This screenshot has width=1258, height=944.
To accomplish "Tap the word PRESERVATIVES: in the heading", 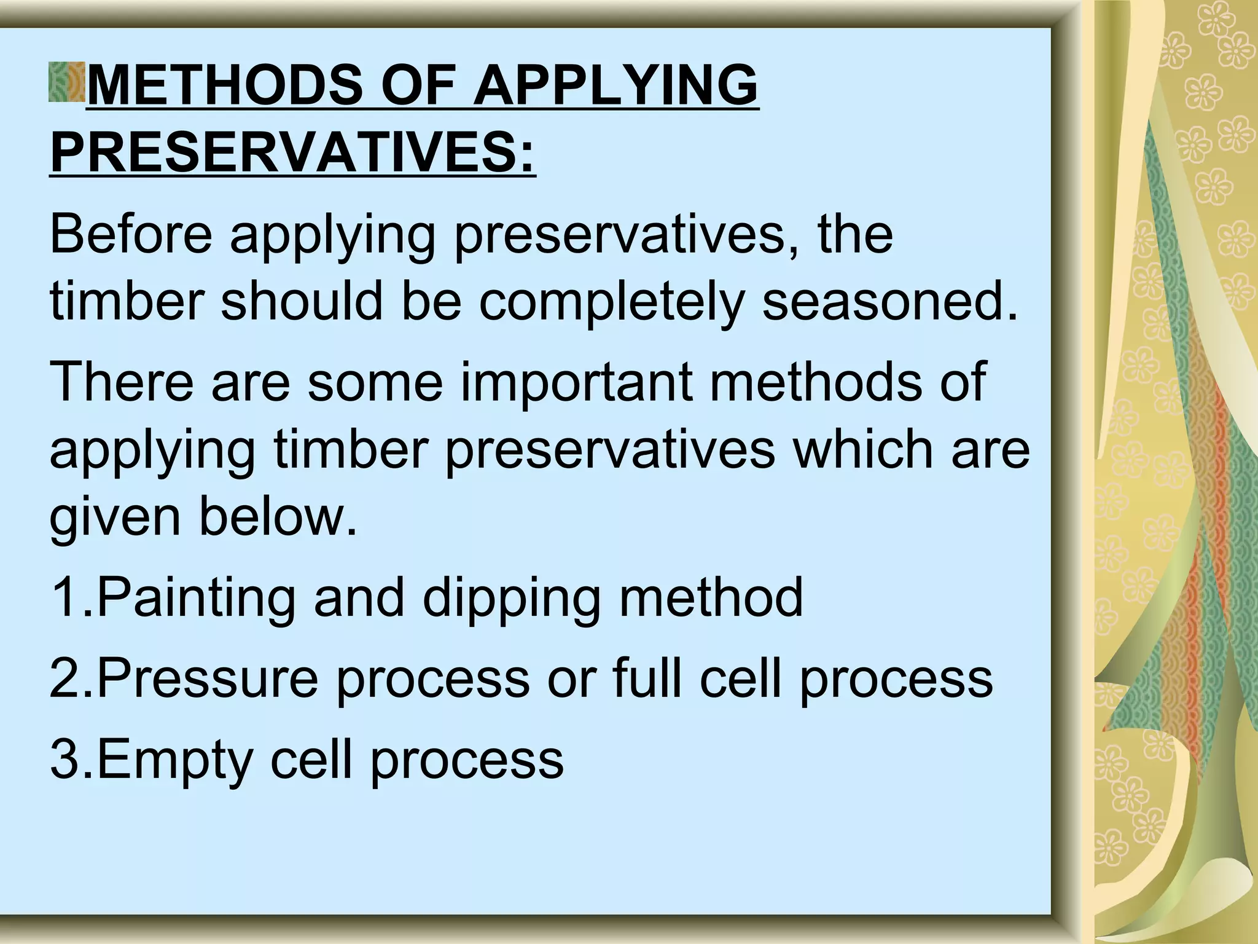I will tap(293, 153).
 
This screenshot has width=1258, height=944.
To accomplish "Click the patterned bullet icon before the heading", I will tap(67, 82).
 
